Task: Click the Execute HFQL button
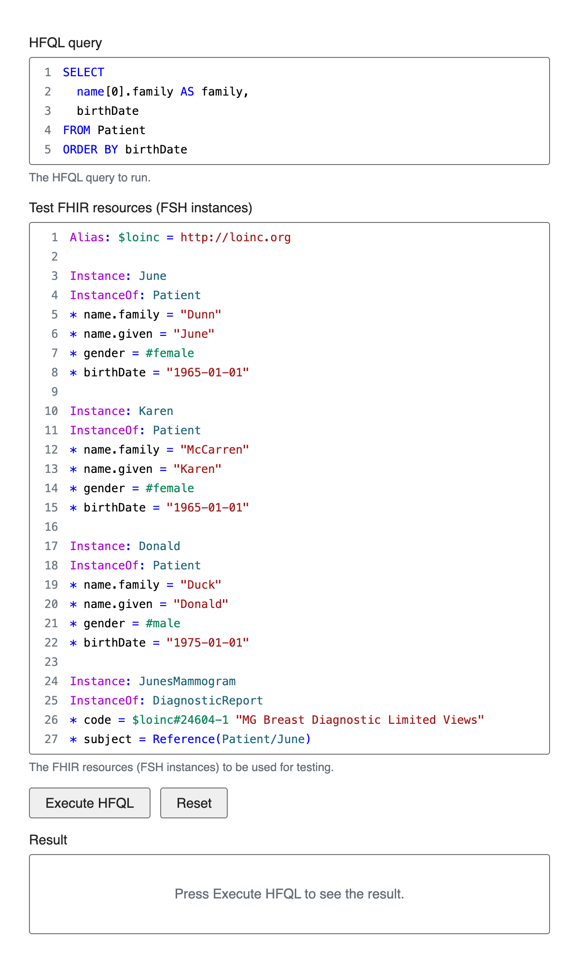click(90, 803)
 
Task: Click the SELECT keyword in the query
click(83, 72)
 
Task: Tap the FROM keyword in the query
click(76, 130)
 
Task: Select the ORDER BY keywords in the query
click(90, 150)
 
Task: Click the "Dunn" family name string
click(201, 315)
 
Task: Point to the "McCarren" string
click(215, 450)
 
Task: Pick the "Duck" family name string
click(201, 585)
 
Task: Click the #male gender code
click(163, 623)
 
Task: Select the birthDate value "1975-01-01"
click(207, 643)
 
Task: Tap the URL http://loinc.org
click(235, 237)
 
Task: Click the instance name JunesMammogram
click(187, 681)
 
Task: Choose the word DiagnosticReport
click(208, 701)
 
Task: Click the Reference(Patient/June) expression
click(232, 739)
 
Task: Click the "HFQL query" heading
click(66, 43)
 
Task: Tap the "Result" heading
click(48, 840)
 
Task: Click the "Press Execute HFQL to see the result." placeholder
click(289, 894)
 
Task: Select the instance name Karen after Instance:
click(156, 411)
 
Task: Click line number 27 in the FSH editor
click(51, 739)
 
